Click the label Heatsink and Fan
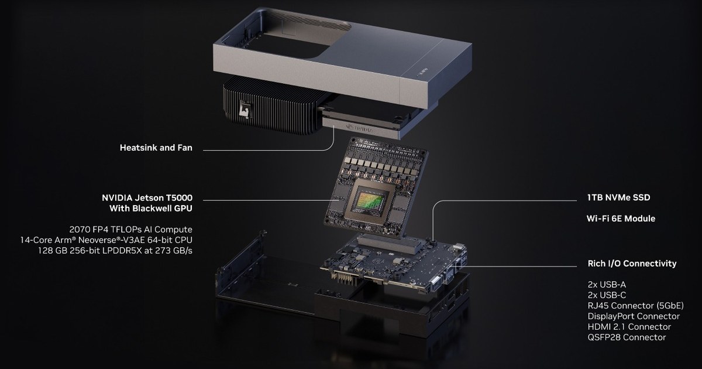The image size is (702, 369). (x=156, y=148)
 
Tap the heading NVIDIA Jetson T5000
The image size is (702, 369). (x=147, y=198)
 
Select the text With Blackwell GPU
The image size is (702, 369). (x=151, y=209)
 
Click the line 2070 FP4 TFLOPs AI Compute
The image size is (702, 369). (x=130, y=230)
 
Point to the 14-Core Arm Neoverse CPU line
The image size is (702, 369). (x=106, y=240)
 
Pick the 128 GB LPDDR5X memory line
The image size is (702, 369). (x=115, y=251)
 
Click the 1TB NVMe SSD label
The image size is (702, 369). (x=619, y=197)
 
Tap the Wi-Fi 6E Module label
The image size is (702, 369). (x=621, y=218)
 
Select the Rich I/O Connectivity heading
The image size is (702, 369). (x=632, y=263)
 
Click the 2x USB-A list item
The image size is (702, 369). (x=607, y=285)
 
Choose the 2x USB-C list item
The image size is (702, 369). (x=607, y=295)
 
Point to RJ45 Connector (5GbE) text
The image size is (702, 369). (x=635, y=306)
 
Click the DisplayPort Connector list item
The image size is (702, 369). (x=634, y=316)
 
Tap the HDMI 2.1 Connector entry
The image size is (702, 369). (x=629, y=327)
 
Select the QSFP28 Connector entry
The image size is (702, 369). (x=627, y=337)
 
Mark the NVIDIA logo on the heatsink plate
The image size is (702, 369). (x=359, y=128)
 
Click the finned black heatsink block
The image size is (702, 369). (x=270, y=107)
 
